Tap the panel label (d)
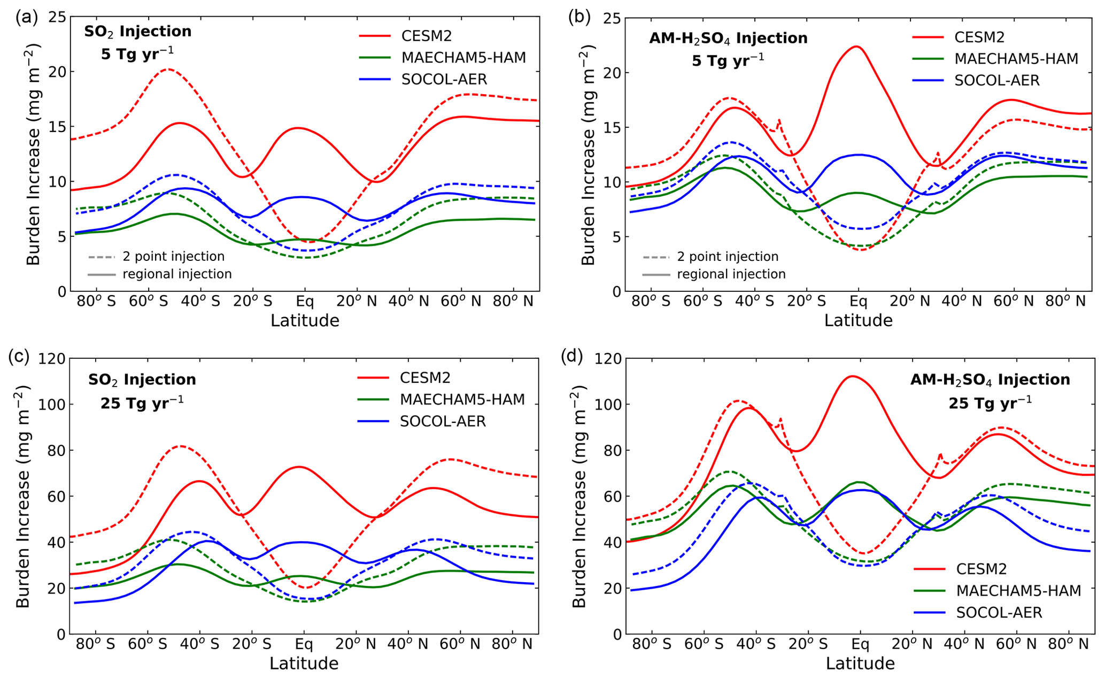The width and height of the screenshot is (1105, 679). tap(571, 356)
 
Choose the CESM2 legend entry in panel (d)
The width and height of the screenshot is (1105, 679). tap(982, 569)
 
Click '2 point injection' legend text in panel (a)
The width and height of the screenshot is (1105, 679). tap(173, 257)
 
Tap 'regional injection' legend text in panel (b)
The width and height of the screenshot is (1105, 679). tap(731, 274)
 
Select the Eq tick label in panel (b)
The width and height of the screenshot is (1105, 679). tap(858, 301)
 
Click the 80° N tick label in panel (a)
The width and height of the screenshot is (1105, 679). tap(513, 301)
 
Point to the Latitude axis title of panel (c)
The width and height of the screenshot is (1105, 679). tap(304, 663)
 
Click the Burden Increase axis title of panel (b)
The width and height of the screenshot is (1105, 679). tap(588, 155)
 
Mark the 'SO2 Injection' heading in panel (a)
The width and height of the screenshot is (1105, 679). tap(137, 32)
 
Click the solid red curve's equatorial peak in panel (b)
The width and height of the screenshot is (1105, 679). tap(856, 47)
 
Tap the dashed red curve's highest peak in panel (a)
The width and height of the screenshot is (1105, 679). tap(168, 69)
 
